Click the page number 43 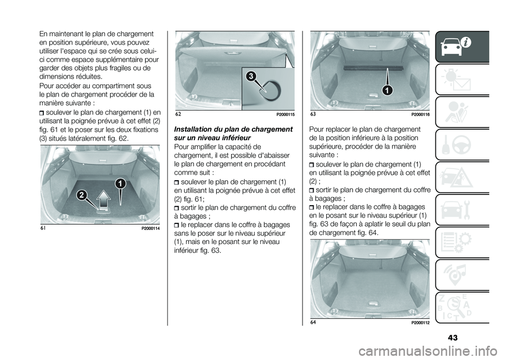click(x=452, y=338)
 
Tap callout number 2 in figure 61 click(x=82, y=195)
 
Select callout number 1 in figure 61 click(x=120, y=183)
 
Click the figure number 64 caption click(x=313, y=322)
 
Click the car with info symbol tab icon click(x=462, y=46)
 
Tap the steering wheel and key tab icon click(x=462, y=145)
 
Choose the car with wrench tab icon click(x=462, y=210)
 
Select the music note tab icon click(x=462, y=275)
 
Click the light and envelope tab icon click(x=462, y=80)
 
